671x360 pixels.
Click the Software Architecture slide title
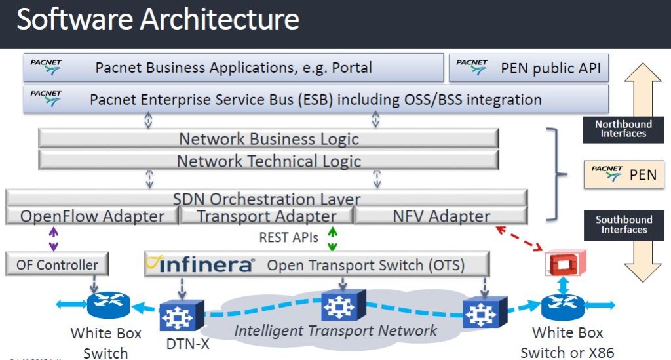pyautogui.click(x=158, y=20)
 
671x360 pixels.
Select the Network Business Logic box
pyautogui.click(x=269, y=138)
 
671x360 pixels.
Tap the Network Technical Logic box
pyautogui.click(x=269, y=160)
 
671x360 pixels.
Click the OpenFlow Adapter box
pyautogui.click(x=92, y=216)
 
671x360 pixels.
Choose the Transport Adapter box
pyautogui.click(x=267, y=216)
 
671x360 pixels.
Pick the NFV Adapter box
pyautogui.click(x=441, y=216)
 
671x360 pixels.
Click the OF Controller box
pyautogui.click(x=57, y=265)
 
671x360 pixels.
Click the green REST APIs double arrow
pyautogui.click(x=333, y=238)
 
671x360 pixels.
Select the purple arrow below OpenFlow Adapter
pyautogui.click(x=54, y=239)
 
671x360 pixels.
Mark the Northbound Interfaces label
pyautogui.click(x=623, y=129)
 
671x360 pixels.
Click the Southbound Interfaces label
pyautogui.click(x=623, y=224)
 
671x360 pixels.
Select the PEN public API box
pyautogui.click(x=528, y=68)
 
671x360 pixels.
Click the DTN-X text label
pyautogui.click(x=184, y=343)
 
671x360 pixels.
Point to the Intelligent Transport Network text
pyautogui.click(x=335, y=330)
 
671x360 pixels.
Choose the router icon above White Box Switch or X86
pyautogui.click(x=562, y=305)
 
